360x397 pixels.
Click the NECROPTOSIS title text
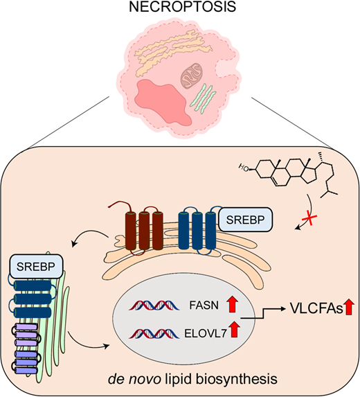tap(182, 7)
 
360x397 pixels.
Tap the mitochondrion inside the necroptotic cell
tap(192, 76)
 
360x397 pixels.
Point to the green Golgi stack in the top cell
tap(203, 99)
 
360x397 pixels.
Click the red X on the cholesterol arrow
tap(309, 218)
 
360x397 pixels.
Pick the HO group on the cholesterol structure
tap(244, 168)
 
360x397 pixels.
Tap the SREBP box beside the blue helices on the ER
tap(245, 220)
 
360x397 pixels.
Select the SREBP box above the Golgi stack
tap(36, 267)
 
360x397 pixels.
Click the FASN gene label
tap(204, 306)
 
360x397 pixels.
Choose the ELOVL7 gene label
tap(206, 333)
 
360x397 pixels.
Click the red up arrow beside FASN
tap(232, 305)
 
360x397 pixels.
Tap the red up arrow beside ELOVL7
tap(235, 329)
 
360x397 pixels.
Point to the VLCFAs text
tap(316, 308)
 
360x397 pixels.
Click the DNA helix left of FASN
tap(154, 306)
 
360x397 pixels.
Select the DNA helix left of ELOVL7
tap(154, 333)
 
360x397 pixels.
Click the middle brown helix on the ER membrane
tap(144, 231)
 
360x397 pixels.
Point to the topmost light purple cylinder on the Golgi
tap(27, 327)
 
